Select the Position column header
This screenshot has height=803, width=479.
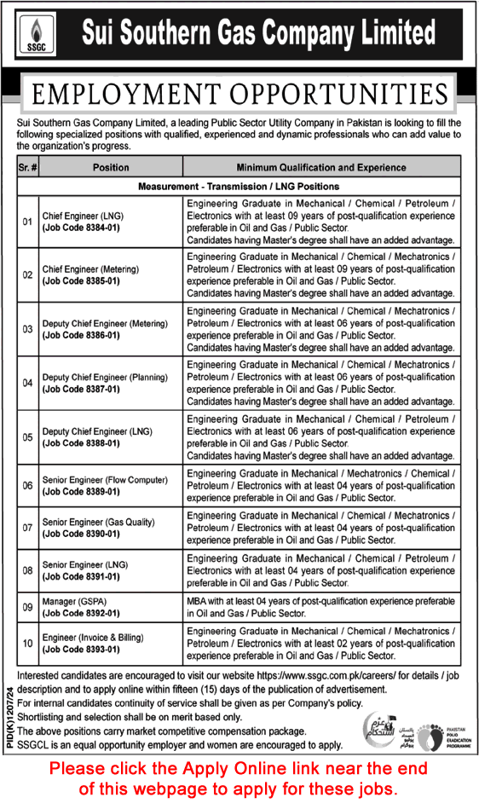pos(111,168)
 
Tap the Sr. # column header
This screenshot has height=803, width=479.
pos(27,168)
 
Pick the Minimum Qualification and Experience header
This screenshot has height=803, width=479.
pos(321,168)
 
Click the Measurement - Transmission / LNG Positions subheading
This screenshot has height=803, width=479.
pos(239,186)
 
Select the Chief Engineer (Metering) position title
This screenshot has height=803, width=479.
pos(90,269)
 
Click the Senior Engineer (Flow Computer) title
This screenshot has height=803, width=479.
pos(105,481)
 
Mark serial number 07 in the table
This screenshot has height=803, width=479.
pos(27,528)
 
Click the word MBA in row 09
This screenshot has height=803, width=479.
pos(198,600)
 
